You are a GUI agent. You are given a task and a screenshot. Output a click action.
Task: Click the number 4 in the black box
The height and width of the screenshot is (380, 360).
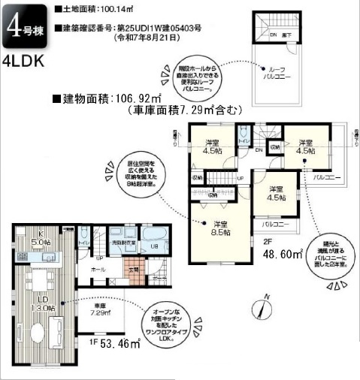(13, 29)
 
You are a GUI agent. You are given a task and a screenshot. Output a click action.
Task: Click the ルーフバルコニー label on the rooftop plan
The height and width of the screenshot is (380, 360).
(273, 73)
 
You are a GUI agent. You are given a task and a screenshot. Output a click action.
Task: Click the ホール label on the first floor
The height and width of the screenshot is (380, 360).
(98, 268)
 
